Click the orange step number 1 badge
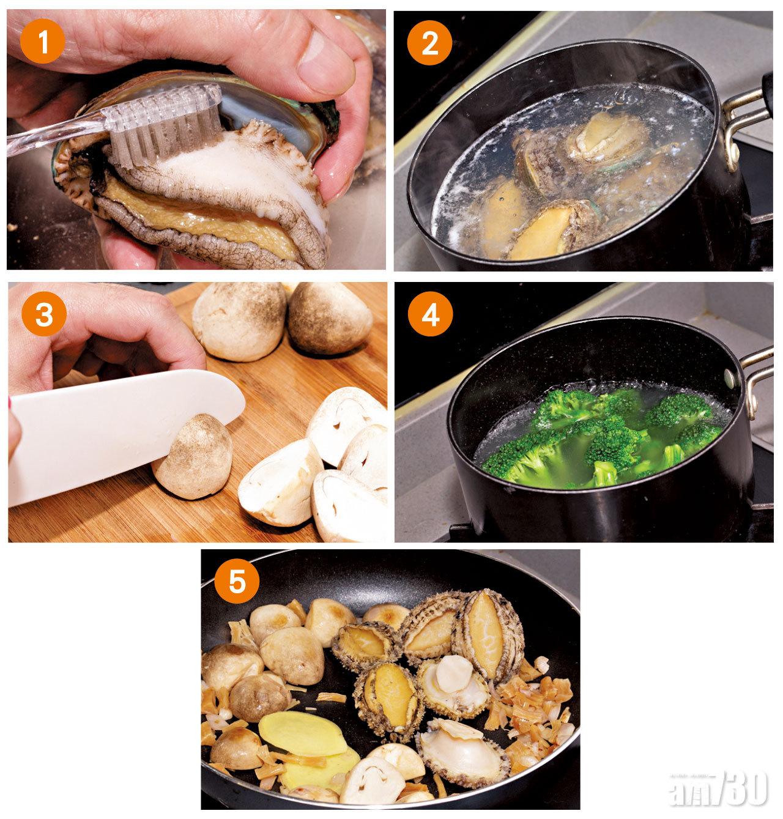point(43,41)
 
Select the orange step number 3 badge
point(44,314)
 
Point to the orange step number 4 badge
point(430,314)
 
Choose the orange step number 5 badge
point(237,581)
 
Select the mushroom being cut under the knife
point(193,457)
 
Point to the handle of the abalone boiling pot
point(748,122)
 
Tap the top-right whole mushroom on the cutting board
point(329,319)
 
